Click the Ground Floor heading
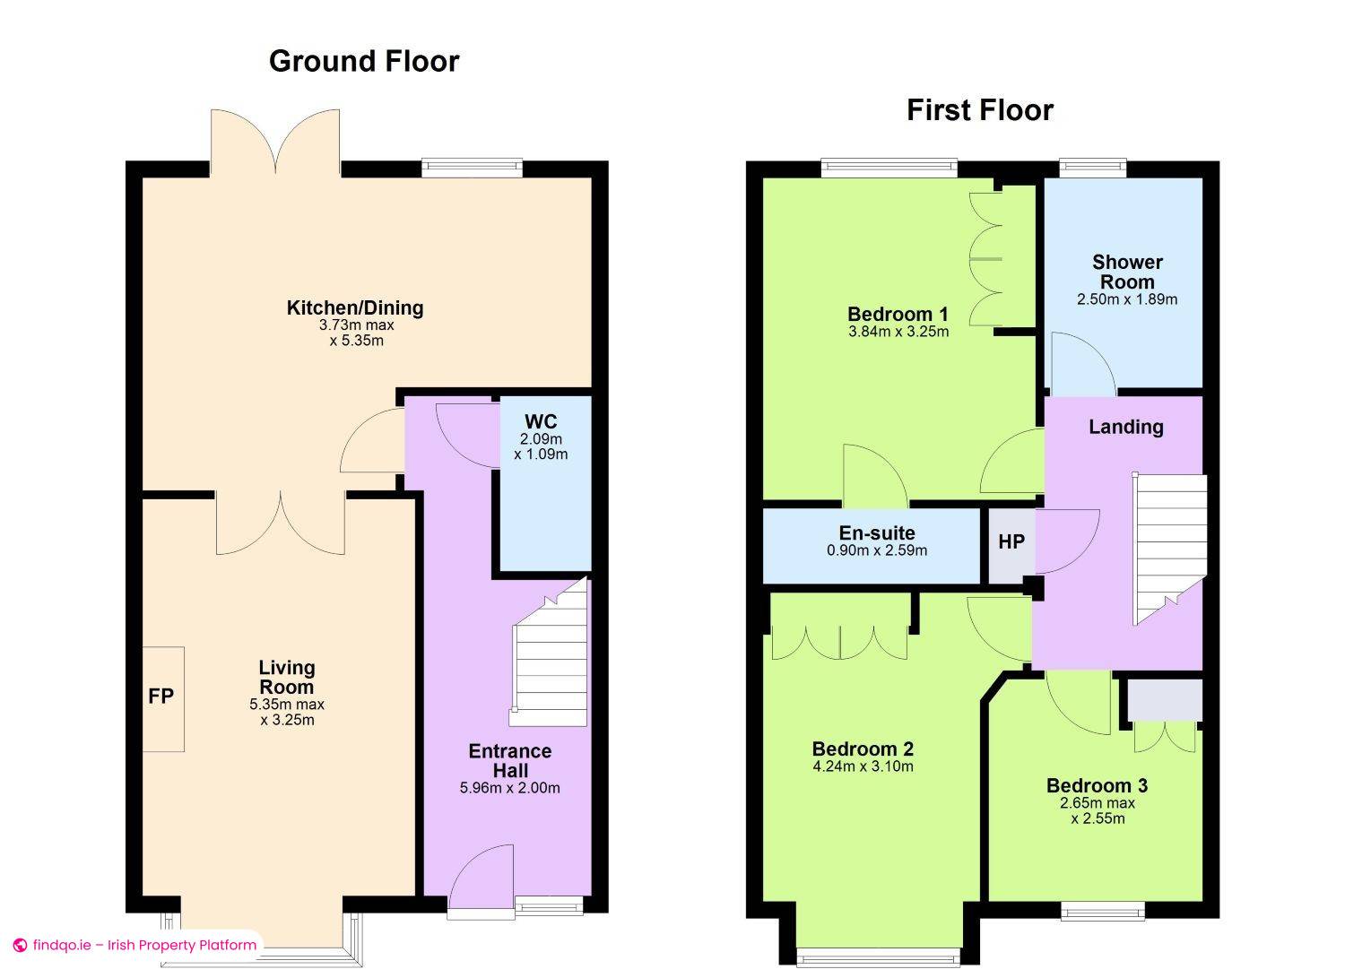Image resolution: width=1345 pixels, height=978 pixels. click(364, 61)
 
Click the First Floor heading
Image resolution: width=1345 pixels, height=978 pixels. click(980, 110)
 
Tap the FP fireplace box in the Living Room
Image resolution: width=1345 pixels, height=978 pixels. click(163, 699)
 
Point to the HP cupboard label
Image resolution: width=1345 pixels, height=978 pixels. click(1011, 542)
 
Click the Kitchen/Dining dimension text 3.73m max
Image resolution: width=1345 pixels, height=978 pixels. click(356, 325)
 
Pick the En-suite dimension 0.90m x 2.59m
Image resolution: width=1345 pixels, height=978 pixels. click(877, 550)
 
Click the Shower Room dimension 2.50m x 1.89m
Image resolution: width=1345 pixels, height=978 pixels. click(1127, 299)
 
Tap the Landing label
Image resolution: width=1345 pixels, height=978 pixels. click(1126, 427)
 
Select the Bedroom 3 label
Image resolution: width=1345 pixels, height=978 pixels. click(1097, 785)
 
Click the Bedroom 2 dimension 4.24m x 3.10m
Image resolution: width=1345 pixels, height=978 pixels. click(863, 766)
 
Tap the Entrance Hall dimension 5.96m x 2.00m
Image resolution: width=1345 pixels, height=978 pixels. click(510, 788)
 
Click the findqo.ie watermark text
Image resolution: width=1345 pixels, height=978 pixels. click(144, 945)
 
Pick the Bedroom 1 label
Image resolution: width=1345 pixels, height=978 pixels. click(898, 314)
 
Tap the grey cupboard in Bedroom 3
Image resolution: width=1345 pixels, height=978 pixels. click(1164, 700)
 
